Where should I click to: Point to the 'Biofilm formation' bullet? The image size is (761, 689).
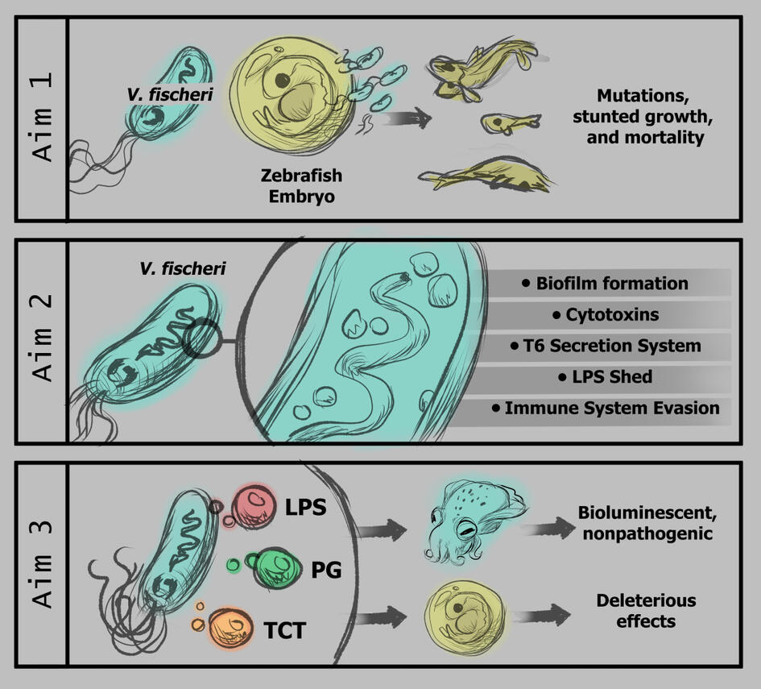pos(605,283)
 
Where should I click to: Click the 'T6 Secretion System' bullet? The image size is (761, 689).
pos(606,346)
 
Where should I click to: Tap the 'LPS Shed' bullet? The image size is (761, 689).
pos(606,377)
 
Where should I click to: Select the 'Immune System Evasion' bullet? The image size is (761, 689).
pos(606,408)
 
